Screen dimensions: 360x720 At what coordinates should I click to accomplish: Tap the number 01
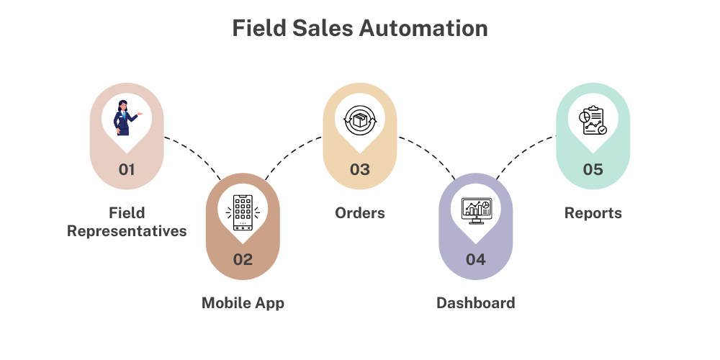[127, 170]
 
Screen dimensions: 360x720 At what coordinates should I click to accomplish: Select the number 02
[243, 259]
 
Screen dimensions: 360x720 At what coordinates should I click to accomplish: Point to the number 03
[359, 170]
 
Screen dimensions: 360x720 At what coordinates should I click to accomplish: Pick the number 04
[476, 259]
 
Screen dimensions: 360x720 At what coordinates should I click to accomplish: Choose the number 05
[593, 170]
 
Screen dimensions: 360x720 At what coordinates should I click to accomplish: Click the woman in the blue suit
[125, 118]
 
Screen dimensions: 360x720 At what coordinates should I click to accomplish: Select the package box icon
[359, 121]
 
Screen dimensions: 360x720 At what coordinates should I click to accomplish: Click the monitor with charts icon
[476, 210]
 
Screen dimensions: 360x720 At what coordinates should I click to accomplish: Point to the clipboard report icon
[593, 121]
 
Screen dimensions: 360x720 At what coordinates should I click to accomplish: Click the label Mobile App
[243, 303]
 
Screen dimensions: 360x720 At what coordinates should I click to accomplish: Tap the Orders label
[360, 213]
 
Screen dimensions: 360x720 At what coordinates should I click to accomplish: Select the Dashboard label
[476, 303]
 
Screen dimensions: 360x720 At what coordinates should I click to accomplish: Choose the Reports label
[593, 213]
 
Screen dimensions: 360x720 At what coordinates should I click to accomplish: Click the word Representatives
[127, 231]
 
